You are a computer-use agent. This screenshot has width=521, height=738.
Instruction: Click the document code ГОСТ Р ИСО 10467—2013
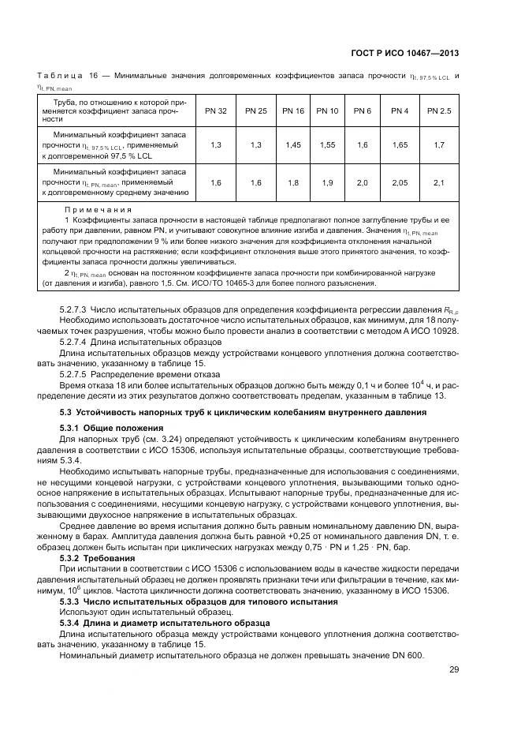point(405,53)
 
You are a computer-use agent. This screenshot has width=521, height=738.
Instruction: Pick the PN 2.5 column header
point(439,111)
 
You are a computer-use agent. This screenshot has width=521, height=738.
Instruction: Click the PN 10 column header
point(327,111)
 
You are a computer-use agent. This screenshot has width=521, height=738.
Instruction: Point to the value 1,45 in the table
point(293,145)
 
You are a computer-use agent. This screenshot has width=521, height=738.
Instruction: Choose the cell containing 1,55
point(327,145)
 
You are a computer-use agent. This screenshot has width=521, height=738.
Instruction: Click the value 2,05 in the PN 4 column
point(400,182)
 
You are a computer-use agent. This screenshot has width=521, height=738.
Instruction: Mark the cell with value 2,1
point(439,182)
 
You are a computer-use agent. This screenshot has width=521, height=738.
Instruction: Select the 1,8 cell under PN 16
point(293,182)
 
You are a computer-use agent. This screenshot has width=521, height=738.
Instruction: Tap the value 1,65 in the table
point(400,145)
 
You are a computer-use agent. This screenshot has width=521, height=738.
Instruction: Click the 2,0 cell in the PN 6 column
point(363,182)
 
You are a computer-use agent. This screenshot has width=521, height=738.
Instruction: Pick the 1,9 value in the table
point(327,182)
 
